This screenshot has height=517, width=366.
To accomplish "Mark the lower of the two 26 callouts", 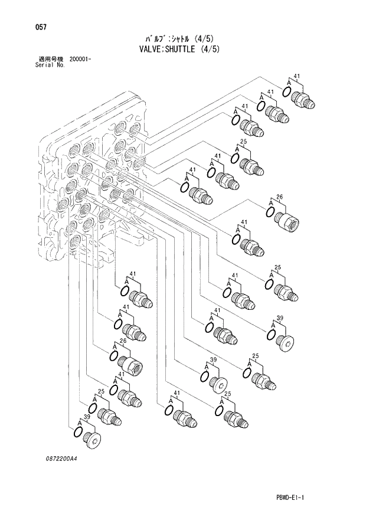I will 123,341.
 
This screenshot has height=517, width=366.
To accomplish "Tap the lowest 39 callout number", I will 87,417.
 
